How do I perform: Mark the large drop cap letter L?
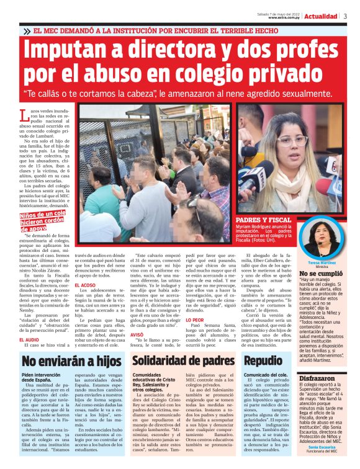pos(24,115)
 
